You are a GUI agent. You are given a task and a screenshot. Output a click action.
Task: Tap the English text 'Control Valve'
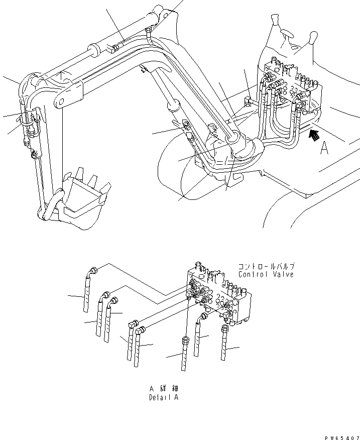[266, 275]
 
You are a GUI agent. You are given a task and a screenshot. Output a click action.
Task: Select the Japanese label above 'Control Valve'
[266, 267]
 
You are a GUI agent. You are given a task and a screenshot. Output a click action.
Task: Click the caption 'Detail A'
[163, 397]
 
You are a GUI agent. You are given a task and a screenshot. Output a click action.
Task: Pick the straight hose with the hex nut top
[186, 357]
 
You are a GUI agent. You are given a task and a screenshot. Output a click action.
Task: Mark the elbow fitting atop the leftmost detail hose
[92, 272]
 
